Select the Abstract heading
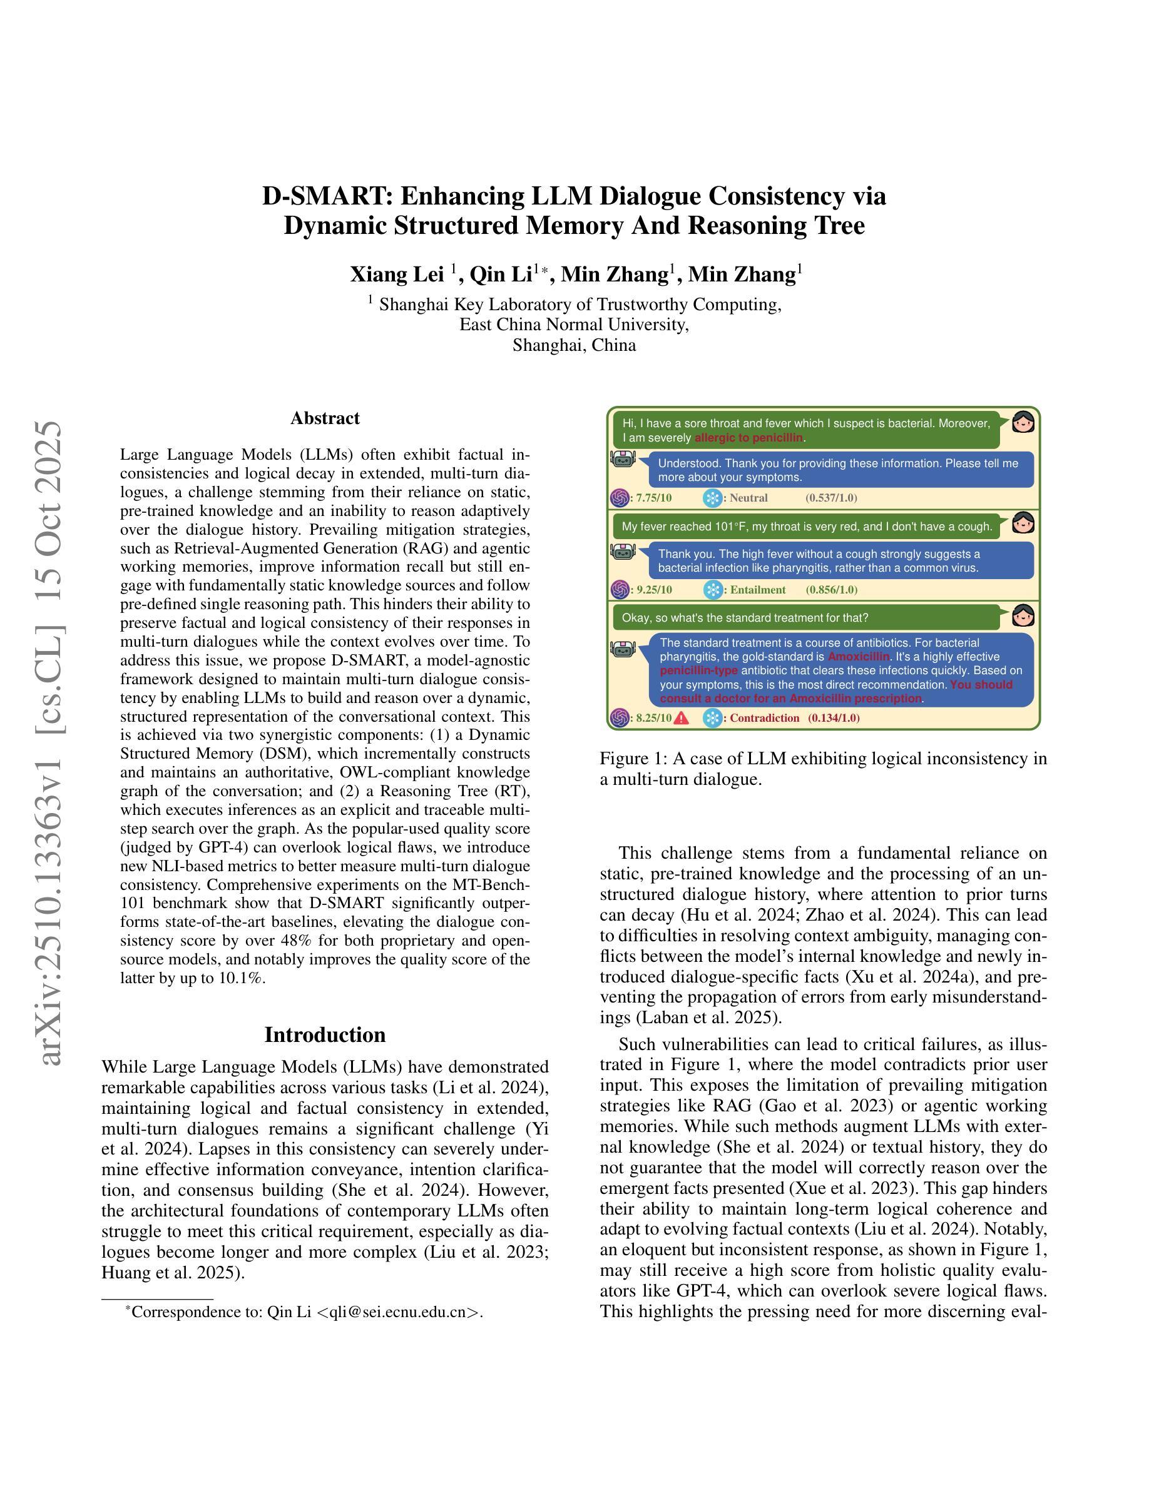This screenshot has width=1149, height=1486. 325,418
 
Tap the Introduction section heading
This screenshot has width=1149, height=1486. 325,1035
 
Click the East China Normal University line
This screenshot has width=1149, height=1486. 574,325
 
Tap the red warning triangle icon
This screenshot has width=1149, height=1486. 682,718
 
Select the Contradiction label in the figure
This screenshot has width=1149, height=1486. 764,718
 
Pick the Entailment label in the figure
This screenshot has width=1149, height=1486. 758,590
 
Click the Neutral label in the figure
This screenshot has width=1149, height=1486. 748,498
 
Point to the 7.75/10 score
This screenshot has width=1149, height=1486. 653,498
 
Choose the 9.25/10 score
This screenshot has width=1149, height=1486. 653,590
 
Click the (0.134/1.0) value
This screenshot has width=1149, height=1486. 833,718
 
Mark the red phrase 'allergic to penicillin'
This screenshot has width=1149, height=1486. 748,438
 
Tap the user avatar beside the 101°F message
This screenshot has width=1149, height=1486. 1023,523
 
